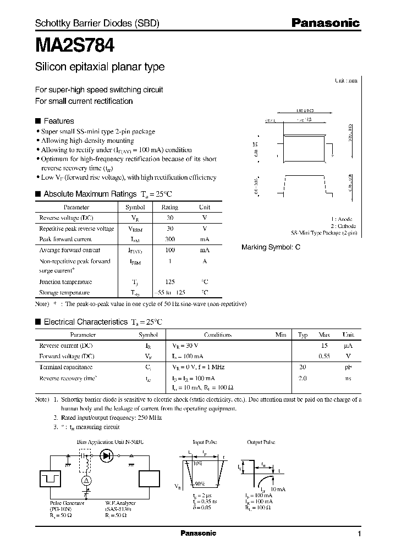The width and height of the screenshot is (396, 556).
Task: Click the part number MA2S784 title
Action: coord(75,44)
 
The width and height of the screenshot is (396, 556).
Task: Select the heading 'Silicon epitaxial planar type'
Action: coord(100,67)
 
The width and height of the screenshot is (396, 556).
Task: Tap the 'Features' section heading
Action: coord(58,121)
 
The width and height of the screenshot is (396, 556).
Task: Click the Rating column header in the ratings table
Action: coord(169,207)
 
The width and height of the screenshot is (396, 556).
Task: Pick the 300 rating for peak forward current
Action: coord(169,240)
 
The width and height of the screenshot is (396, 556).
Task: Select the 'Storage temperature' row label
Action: coord(64,293)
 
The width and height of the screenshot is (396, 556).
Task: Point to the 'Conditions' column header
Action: coord(218,335)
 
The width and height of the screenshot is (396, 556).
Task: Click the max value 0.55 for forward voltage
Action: coord(324,356)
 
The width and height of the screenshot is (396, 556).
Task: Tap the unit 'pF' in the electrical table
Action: coord(349,367)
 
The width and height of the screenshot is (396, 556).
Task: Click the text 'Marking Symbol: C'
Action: coord(271,247)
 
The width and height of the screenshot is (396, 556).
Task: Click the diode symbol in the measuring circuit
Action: coord(107,455)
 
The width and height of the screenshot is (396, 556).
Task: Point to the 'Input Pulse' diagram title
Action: coord(205,442)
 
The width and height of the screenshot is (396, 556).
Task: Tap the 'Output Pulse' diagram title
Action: coord(261,442)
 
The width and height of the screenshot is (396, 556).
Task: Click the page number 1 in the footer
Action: coord(359,534)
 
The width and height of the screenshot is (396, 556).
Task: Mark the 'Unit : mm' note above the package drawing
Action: coord(346,80)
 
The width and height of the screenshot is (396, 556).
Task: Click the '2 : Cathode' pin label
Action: coord(343,226)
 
